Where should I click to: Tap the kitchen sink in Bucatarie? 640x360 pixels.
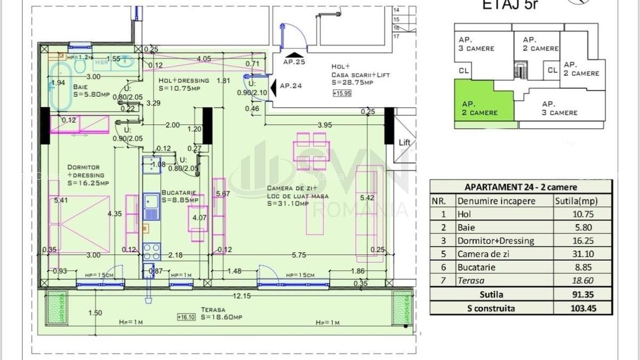[151, 208]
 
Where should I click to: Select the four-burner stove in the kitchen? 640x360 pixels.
[152, 251]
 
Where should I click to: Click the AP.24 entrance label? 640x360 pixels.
[291, 86]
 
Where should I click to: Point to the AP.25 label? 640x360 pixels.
[294, 62]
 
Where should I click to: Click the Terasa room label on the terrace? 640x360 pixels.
[213, 309]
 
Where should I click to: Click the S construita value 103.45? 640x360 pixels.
[583, 308]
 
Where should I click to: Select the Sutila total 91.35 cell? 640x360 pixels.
[583, 294]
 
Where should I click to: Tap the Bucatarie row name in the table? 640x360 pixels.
[476, 268]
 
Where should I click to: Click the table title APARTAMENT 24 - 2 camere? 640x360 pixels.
[521, 187]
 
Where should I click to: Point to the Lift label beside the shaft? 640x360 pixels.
[405, 143]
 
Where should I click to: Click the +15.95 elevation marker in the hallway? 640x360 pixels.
[341, 93]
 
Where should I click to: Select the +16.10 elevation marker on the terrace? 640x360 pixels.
[187, 316]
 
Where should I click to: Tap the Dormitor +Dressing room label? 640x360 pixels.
[86, 175]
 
